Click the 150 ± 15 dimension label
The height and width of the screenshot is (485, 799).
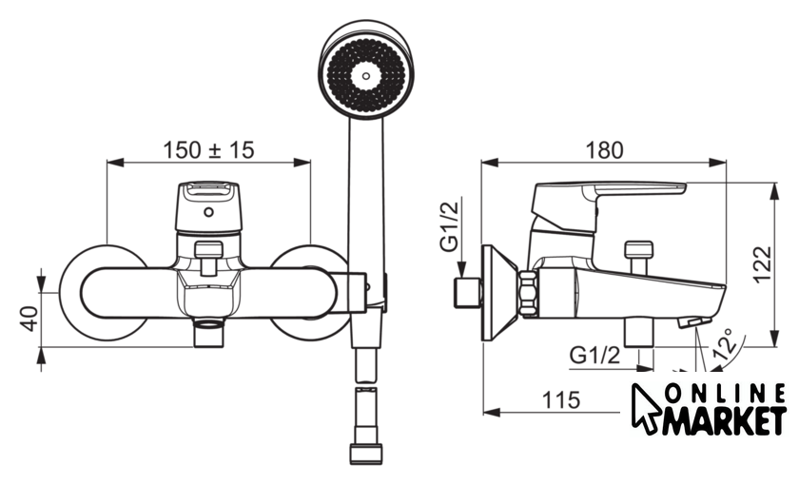208,150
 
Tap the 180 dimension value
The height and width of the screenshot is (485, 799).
604,150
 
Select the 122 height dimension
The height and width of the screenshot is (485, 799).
763,264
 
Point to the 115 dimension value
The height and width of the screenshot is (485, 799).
561,400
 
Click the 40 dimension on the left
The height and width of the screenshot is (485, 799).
30,319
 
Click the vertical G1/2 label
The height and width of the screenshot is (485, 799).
449,226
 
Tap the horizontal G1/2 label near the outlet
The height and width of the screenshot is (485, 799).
595,355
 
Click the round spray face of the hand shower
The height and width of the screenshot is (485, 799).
366,75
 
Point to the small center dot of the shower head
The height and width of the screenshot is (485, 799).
366,76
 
